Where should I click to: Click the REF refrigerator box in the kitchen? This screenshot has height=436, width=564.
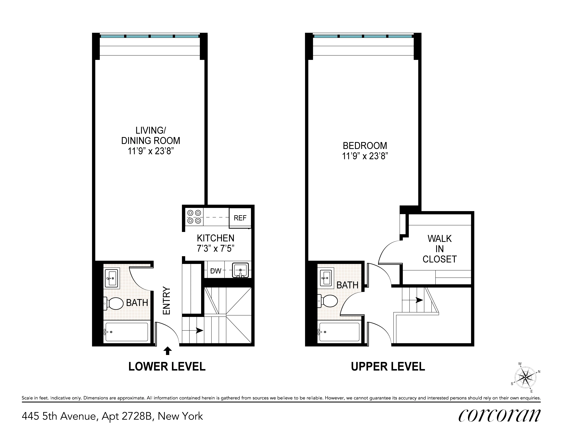(240, 218)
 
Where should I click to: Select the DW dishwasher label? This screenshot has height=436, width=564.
(216, 271)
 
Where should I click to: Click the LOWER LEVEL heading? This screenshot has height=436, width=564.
(167, 367)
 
